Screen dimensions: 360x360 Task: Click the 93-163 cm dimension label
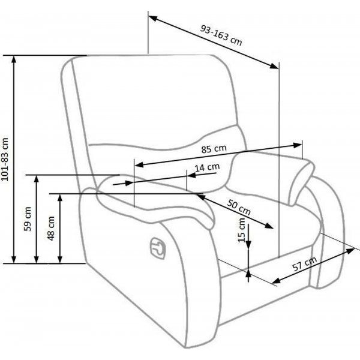point(221,35)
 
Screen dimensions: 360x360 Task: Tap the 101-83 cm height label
point(5,160)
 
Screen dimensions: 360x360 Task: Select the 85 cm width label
point(214,149)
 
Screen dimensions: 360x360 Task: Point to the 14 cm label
point(207,167)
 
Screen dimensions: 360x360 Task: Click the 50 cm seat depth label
point(239,207)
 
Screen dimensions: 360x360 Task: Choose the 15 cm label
point(242,230)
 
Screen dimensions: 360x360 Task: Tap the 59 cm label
point(28,219)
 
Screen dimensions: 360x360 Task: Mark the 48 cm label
point(51,229)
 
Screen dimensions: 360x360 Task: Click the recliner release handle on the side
point(158,248)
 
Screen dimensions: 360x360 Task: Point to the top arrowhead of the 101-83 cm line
point(14,59)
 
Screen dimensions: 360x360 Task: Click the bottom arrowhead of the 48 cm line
point(60,259)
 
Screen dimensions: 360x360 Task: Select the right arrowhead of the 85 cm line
point(298,145)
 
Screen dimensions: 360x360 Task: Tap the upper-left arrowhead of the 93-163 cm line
point(152,19)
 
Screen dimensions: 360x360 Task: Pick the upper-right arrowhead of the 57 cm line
point(350,250)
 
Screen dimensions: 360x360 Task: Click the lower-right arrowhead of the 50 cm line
point(269,226)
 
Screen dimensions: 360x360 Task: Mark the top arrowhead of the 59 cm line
point(36,179)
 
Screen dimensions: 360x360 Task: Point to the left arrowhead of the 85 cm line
point(139,164)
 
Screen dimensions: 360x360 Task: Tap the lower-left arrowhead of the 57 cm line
point(276,281)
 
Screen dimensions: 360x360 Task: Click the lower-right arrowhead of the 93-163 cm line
point(274,66)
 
